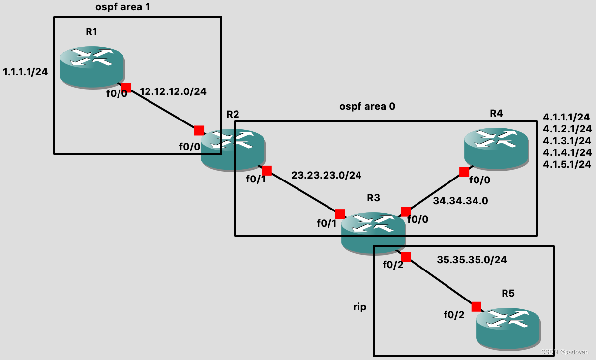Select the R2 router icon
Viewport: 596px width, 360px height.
[233, 150]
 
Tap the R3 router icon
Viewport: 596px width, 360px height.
[374, 234]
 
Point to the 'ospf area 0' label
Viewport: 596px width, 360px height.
[367, 106]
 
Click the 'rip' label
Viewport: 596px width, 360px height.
[360, 307]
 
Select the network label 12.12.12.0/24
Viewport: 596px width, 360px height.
[173, 91]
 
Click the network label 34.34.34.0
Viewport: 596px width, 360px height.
[460, 201]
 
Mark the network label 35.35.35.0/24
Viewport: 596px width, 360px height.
[472, 260]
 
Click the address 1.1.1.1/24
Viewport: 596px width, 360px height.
[25, 72]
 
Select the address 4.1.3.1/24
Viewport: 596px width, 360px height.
[566, 141]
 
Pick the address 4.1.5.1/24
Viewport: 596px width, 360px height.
[566, 164]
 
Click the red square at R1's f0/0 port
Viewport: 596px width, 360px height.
[126, 88]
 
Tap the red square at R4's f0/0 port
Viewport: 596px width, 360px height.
[464, 172]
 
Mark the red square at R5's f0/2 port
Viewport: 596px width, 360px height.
[476, 307]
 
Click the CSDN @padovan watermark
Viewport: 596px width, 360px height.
[565, 352]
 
